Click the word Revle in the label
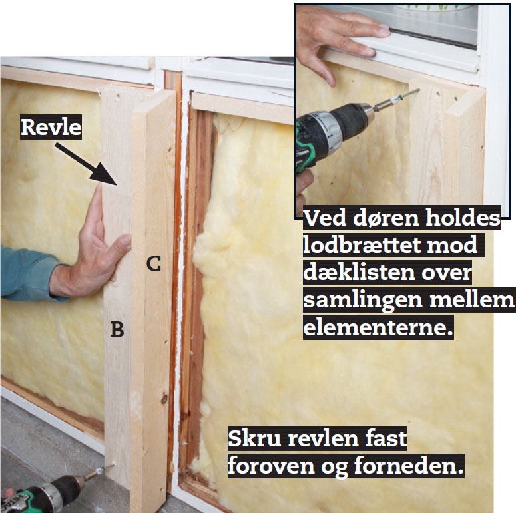51,127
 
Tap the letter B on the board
117,329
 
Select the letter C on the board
154,263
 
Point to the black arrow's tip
117,185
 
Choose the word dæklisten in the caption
360,273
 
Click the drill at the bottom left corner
49,493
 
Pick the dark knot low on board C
164,399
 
